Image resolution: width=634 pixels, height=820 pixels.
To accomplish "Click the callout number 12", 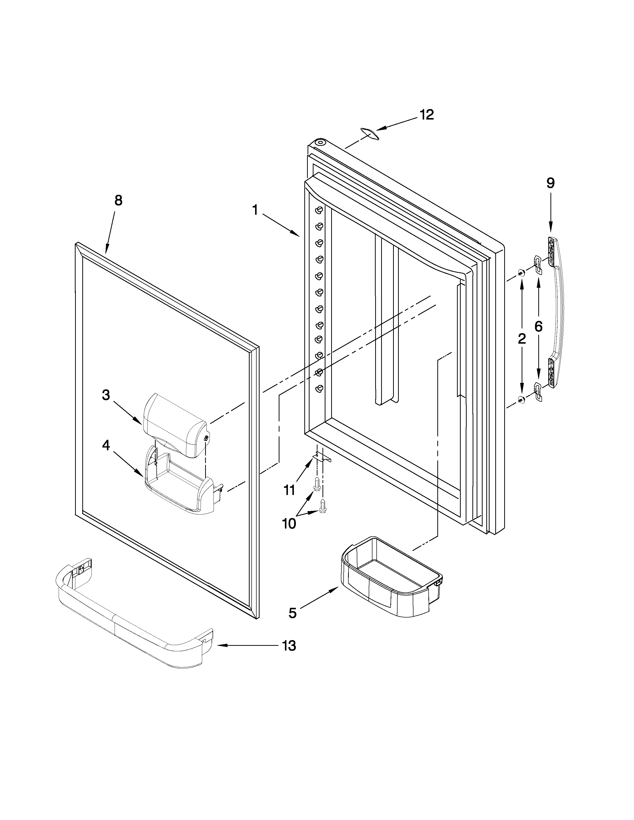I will pos(427,115).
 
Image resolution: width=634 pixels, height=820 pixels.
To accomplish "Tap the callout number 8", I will pos(118,201).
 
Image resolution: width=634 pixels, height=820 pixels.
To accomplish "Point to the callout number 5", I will pos(293,613).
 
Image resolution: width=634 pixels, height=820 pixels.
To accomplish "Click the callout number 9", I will pos(550,183).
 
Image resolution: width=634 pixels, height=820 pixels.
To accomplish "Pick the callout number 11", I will pos(289,490).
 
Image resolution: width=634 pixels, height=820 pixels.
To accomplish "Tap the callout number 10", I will pos(289,523).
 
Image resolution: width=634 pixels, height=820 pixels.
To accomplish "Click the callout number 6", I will pos(538,327).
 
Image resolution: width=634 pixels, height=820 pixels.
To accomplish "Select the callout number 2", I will pos(522,339).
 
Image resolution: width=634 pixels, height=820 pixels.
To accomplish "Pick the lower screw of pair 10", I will pos(322,506).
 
